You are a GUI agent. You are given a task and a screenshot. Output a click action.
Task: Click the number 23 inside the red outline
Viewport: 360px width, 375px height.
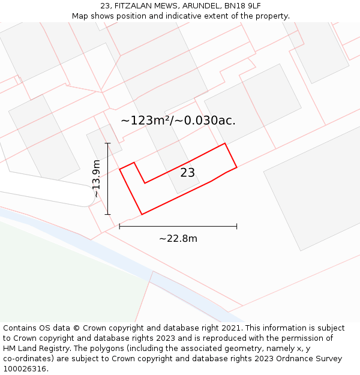point(188,173)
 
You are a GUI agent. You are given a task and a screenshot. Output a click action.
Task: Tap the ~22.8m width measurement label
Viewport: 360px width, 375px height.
point(178,239)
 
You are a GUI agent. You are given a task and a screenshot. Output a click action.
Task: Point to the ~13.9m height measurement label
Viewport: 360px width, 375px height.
point(97,178)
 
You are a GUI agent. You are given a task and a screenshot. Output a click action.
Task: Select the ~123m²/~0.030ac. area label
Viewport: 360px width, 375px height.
point(178,121)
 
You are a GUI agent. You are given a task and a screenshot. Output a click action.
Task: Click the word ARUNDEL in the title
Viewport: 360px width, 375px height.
point(199,6)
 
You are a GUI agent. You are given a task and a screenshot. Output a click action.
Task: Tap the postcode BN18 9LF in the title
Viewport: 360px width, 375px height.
point(242,6)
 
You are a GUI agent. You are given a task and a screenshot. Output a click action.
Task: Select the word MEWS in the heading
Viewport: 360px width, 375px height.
point(163,6)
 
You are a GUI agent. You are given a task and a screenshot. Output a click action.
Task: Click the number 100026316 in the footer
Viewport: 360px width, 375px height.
point(24,369)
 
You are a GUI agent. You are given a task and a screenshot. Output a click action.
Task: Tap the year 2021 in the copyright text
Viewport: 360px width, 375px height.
point(231,328)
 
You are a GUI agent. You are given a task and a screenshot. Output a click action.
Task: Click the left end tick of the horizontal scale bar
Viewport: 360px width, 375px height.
point(120,226)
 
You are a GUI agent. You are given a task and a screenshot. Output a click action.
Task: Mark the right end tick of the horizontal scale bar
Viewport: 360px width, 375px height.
point(236,226)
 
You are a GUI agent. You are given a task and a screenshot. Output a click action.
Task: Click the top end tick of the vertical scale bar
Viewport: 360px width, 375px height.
point(108,143)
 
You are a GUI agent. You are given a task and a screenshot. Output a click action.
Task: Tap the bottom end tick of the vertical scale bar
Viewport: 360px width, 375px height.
point(108,214)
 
